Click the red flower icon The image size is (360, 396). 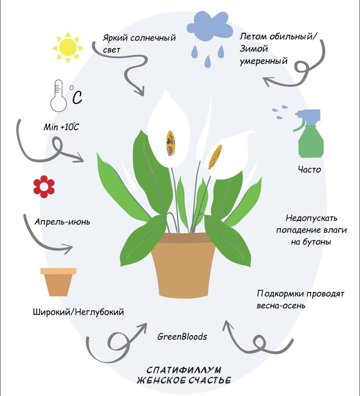[44, 186]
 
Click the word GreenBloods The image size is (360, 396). [182, 337]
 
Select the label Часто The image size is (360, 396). [309, 170]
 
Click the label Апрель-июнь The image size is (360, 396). [62, 221]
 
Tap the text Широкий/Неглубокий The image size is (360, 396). [79, 312]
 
